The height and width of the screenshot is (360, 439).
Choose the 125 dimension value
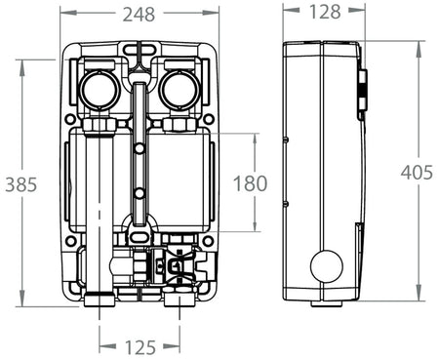tap(140, 345)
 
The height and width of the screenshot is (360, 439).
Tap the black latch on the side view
tap(361, 94)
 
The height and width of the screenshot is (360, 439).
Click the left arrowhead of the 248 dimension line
tap(63, 15)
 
